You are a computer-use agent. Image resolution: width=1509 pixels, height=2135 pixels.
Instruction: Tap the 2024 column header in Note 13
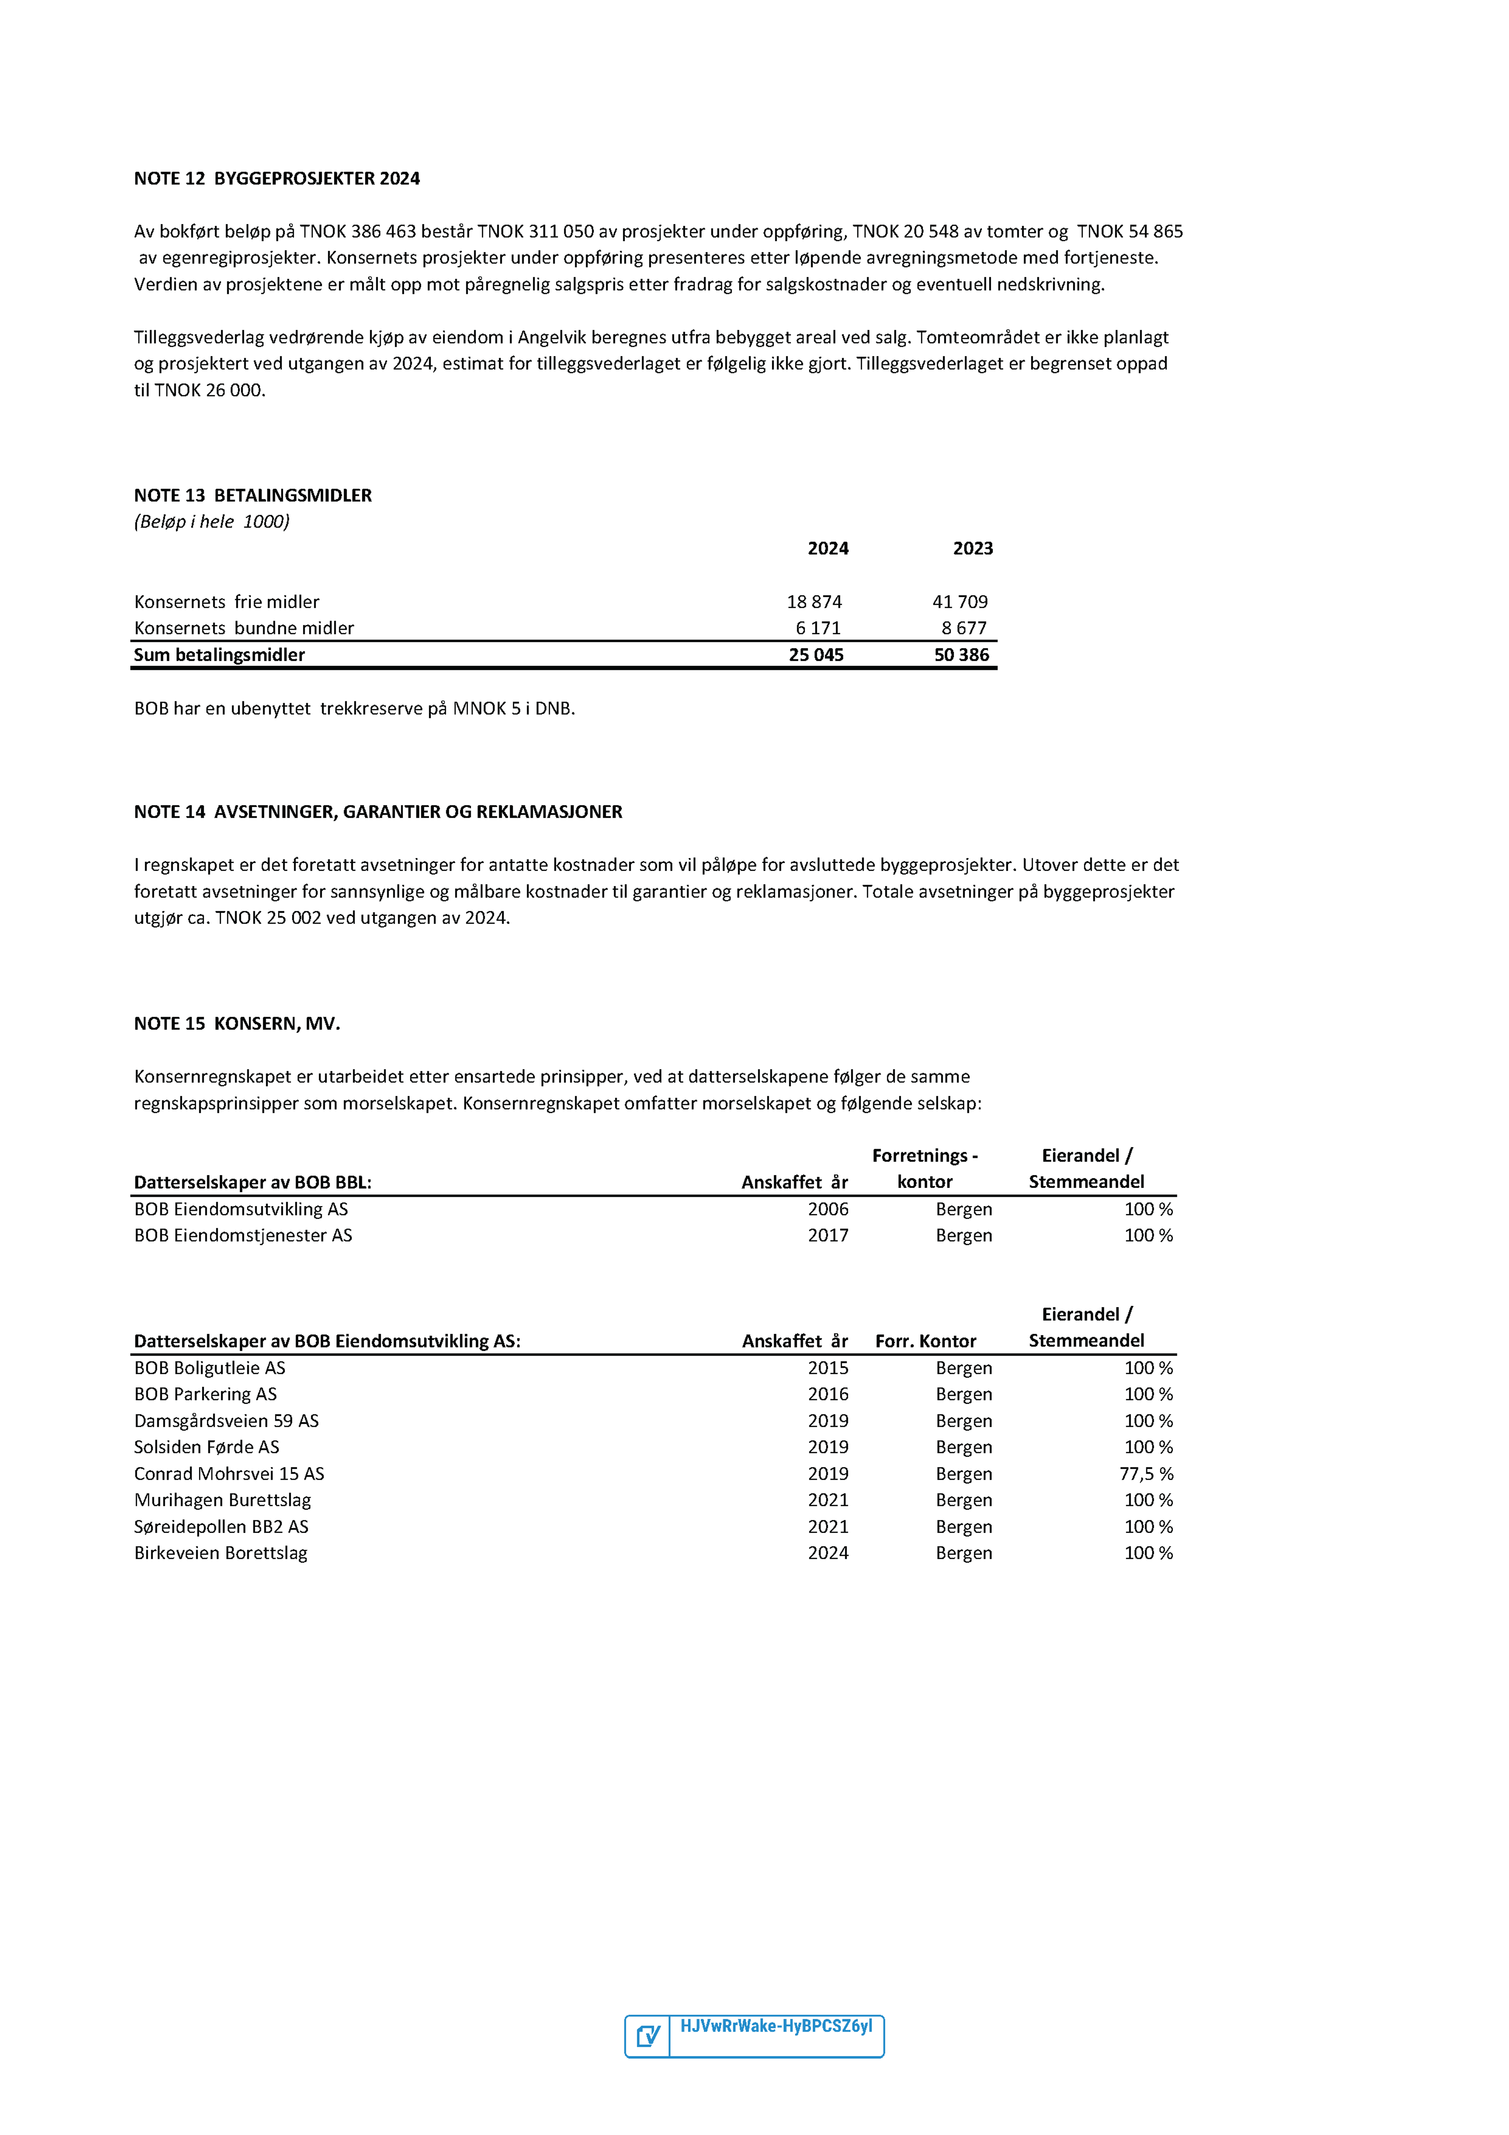[x=828, y=549]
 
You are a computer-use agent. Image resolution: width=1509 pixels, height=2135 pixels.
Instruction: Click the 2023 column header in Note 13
[x=973, y=549]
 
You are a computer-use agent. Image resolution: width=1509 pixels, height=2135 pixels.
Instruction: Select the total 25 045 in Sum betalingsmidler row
[x=815, y=655]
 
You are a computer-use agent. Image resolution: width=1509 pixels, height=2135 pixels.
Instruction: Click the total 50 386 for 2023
[x=961, y=655]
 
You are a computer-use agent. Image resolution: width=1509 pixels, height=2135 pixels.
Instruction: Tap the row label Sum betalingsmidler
[x=219, y=655]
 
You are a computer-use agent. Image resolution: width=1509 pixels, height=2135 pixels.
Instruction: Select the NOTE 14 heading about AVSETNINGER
[x=378, y=812]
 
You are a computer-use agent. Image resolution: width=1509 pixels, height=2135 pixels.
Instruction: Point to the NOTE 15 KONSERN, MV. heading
[x=237, y=1024]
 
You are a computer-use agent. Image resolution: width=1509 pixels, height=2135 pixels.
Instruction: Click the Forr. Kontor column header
[x=925, y=1341]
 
